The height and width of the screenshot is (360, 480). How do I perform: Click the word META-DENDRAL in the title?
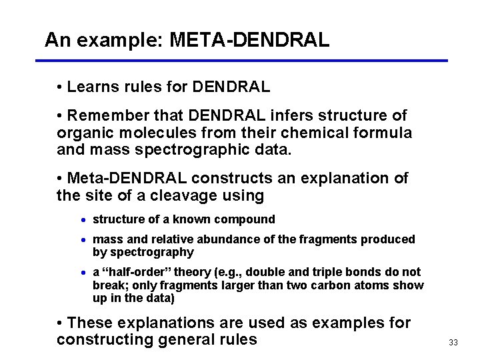tap(249, 40)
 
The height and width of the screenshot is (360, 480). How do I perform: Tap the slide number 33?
tap(453, 343)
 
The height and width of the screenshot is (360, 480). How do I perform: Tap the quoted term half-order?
tap(135, 272)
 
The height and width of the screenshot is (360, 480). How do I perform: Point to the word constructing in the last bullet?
tap(99, 339)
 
